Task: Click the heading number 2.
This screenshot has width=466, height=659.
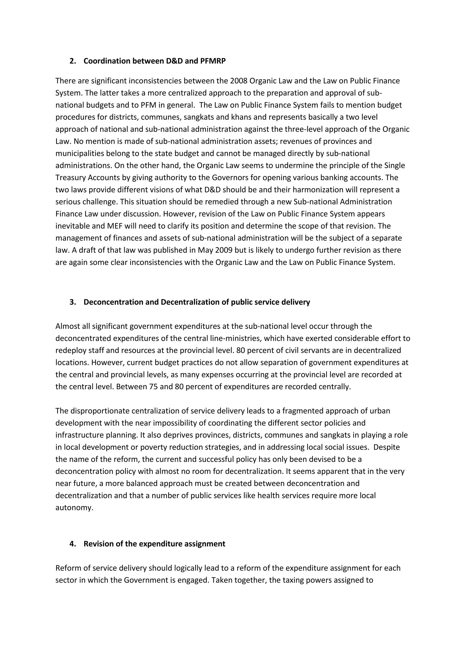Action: pos(72,61)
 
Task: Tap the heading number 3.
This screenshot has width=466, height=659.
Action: pos(72,302)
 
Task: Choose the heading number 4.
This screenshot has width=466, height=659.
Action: pos(72,544)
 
